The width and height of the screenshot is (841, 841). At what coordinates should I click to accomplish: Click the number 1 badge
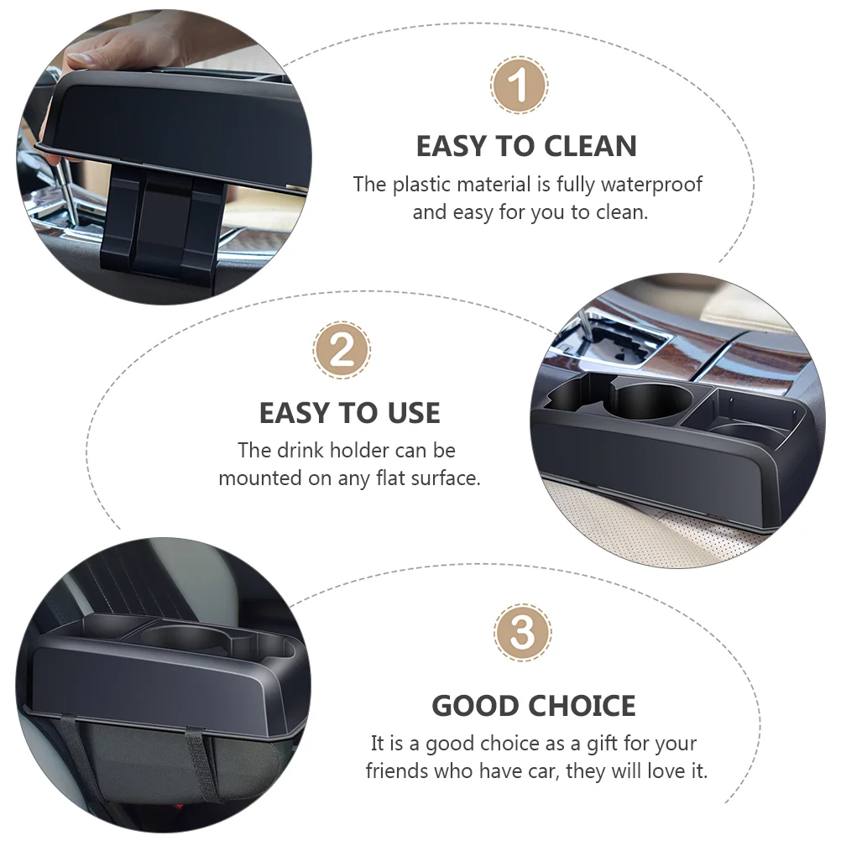tap(519, 86)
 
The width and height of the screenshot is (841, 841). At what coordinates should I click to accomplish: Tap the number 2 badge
tap(342, 350)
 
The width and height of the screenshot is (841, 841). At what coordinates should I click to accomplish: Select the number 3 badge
tap(522, 632)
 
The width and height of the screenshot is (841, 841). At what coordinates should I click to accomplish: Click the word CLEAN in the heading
tap(590, 146)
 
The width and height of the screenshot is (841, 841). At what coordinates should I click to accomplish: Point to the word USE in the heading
tap(407, 413)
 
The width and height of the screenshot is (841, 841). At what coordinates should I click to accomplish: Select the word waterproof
tap(651, 185)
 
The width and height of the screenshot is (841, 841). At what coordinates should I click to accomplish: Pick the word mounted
tap(260, 478)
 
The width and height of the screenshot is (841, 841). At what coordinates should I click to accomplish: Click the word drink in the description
tap(300, 451)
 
